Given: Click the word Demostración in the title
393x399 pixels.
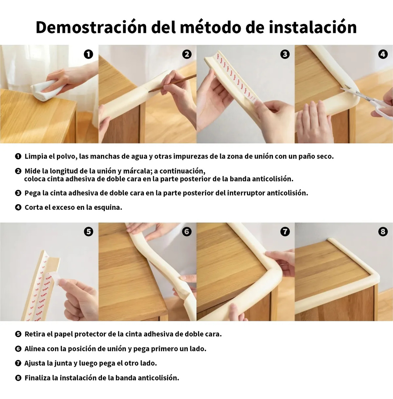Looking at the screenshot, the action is coord(91,27).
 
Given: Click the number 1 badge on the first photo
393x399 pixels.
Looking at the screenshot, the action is coord(89,54).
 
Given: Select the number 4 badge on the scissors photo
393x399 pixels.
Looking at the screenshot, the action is coord(383,54).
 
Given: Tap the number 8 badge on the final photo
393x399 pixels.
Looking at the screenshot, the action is coord(383,231).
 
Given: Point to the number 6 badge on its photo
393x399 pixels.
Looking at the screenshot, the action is coord(187,231).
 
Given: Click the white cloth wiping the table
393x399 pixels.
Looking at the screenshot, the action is coord(45,90).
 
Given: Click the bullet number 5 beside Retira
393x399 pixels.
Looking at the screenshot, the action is coord(18,334).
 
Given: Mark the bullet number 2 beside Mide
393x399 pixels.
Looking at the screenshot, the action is coord(18,171).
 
